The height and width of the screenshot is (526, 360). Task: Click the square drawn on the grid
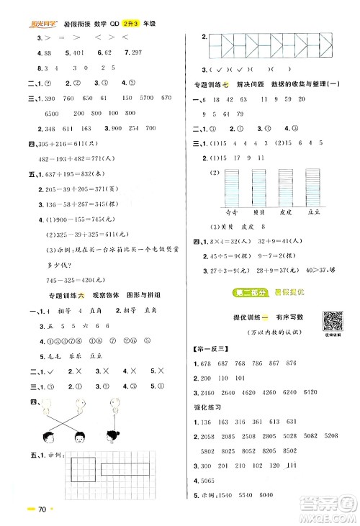86,479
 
